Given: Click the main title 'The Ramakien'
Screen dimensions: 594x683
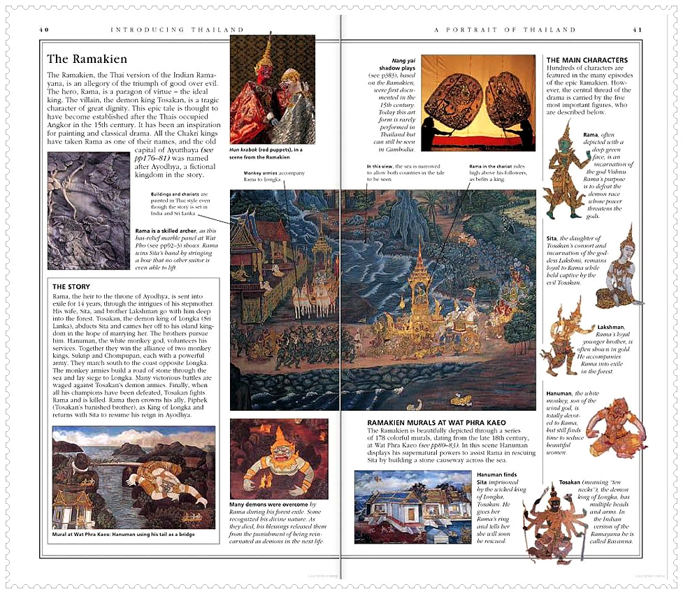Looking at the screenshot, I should click(87, 59).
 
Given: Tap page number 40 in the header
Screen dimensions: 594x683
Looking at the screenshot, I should click(44, 30).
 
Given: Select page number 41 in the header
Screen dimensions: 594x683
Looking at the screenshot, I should click(637, 30).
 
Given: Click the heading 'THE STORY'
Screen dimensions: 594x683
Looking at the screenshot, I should click(72, 287).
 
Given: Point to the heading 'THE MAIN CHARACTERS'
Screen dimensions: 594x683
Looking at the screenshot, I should click(587, 60).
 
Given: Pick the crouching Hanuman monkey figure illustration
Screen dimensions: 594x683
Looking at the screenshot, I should click(616, 426).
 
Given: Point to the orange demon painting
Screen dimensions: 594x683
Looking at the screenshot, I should click(278, 458).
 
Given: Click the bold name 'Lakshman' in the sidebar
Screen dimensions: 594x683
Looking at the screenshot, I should click(611, 327).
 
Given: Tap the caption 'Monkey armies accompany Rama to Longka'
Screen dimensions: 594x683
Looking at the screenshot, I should click(262, 175).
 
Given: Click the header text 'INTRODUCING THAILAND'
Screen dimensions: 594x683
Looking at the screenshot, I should click(178, 30).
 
